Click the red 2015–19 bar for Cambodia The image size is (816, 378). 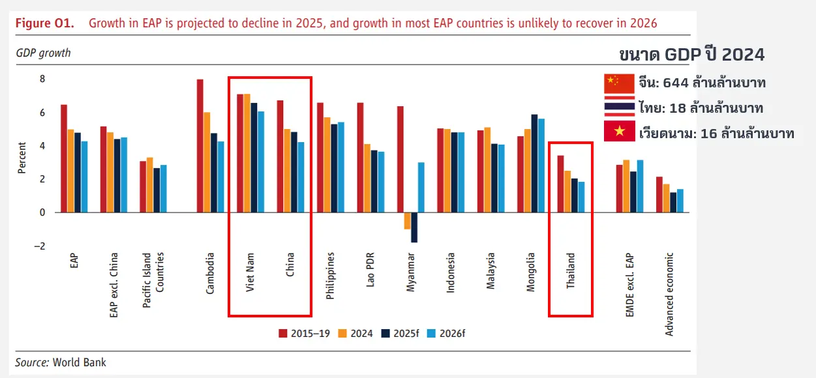(200, 146)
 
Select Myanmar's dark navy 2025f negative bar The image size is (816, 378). (414, 227)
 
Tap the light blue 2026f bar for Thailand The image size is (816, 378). (581, 197)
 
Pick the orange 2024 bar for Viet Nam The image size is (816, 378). (247, 153)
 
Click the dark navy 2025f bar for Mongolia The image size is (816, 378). (534, 164)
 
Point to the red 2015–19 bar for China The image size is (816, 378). (280, 156)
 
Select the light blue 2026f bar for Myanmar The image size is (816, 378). (421, 188)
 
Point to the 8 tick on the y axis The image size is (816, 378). (42, 79)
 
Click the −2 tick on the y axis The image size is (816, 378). (40, 246)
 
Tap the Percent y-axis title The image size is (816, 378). (22, 158)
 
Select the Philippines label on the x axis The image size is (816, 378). (330, 275)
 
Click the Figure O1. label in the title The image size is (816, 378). (45, 23)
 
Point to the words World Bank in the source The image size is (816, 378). (79, 362)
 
